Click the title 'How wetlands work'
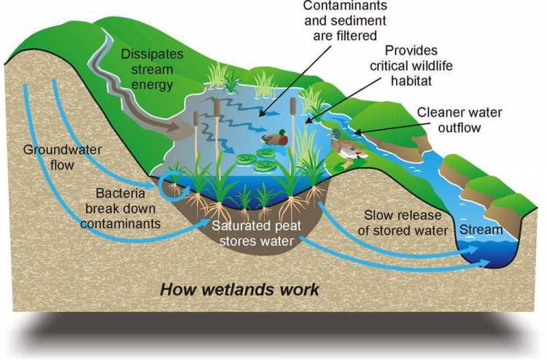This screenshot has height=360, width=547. click(239, 289)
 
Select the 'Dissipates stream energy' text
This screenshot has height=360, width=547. click(147, 69)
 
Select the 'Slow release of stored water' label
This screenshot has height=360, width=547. click(405, 223)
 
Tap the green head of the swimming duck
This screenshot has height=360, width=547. click(280, 133)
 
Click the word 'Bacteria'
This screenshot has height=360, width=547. click(121, 195)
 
